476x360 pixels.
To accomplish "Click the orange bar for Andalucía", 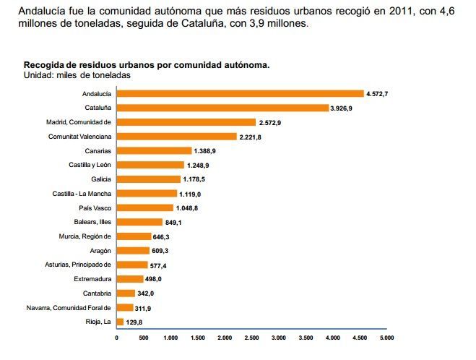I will pyautogui.click(x=240, y=93).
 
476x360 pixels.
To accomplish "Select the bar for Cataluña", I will pyautogui.click(x=222, y=108).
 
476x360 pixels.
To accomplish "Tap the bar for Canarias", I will pyautogui.click(x=154, y=150).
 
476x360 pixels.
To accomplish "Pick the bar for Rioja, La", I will pyautogui.click(x=120, y=322).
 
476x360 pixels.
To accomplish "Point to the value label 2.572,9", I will pyautogui.click(x=269, y=122).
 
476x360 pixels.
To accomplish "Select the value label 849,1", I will pyautogui.click(x=176, y=222).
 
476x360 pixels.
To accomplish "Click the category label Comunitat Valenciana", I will pyautogui.click(x=79, y=136).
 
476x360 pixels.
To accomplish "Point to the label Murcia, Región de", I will pyautogui.click(x=85, y=236).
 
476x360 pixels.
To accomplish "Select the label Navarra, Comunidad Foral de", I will pyautogui.click(x=70, y=307).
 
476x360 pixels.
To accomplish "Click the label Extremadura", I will pyautogui.click(x=92, y=278).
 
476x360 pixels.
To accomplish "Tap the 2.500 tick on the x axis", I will pyautogui.click(x=251, y=338).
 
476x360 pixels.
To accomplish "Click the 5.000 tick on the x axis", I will pyautogui.click(x=386, y=338).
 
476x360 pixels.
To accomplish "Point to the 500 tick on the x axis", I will pyautogui.click(x=144, y=338).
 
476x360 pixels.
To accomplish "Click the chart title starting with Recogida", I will pyautogui.click(x=147, y=64).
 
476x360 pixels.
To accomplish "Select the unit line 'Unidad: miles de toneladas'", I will pyautogui.click(x=77, y=74).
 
